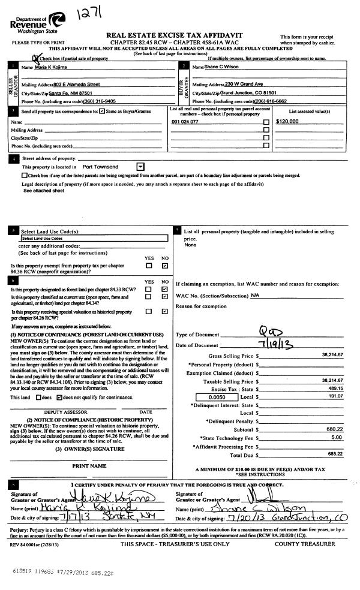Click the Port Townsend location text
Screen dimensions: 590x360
coord(100,166)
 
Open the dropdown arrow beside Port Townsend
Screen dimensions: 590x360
coord(140,166)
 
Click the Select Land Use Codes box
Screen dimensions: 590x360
coord(92,238)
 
